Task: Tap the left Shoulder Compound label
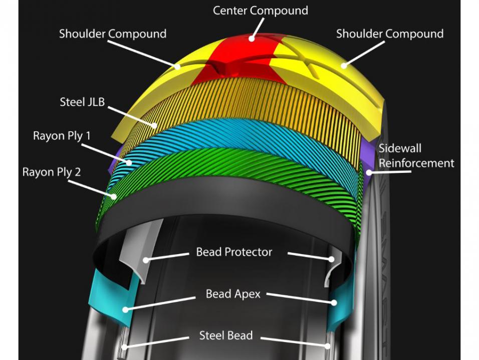(112, 34)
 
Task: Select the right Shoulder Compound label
(389, 34)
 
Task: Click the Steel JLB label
(82, 103)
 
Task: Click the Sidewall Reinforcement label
(416, 156)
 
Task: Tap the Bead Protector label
(234, 252)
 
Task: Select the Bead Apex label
(233, 294)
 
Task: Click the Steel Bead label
(226, 335)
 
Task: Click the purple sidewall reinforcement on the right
(369, 160)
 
